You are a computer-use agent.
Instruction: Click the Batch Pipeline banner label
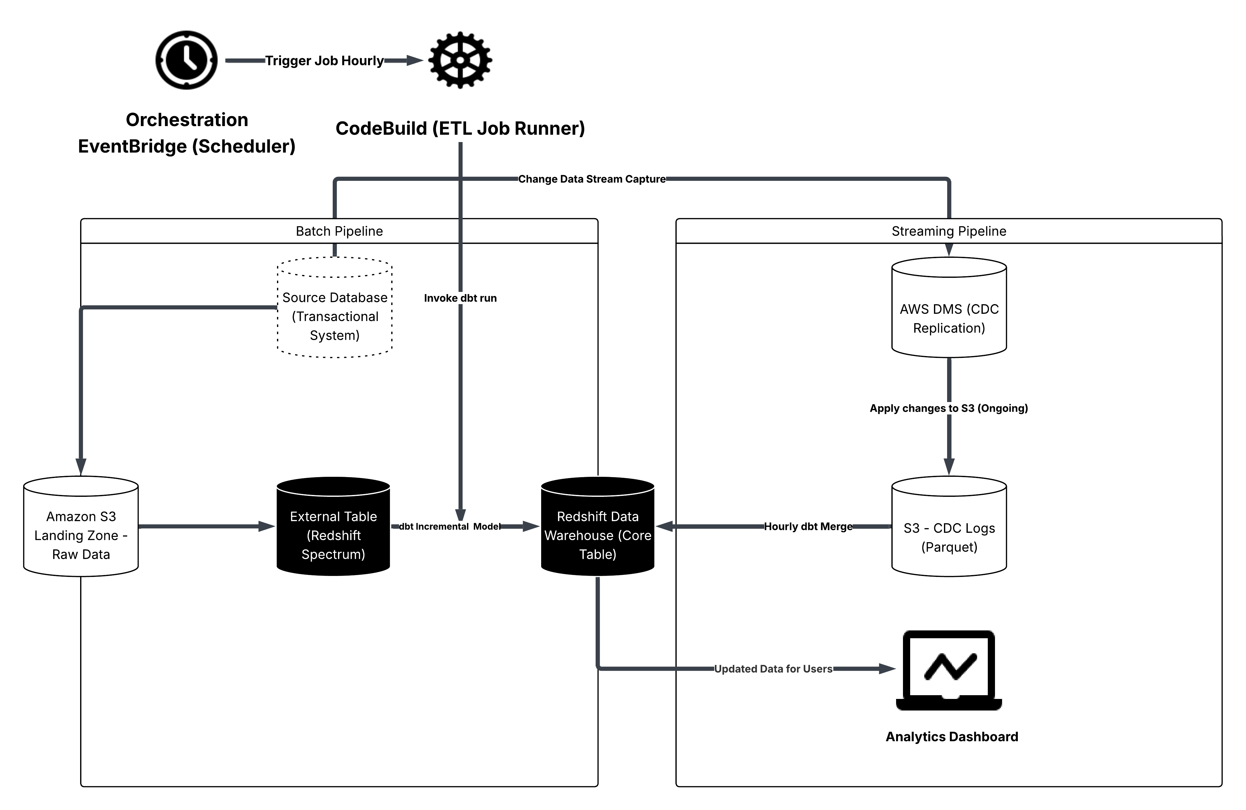coord(339,231)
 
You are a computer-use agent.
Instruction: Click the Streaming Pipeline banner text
coord(949,231)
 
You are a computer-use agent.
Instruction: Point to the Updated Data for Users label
coord(773,669)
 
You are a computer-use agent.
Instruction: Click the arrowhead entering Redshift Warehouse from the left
coord(531,527)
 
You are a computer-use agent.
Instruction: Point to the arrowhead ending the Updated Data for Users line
coord(887,669)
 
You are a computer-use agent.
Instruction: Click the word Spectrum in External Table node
coord(333,554)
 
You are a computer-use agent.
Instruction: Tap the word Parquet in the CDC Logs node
coord(949,547)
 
